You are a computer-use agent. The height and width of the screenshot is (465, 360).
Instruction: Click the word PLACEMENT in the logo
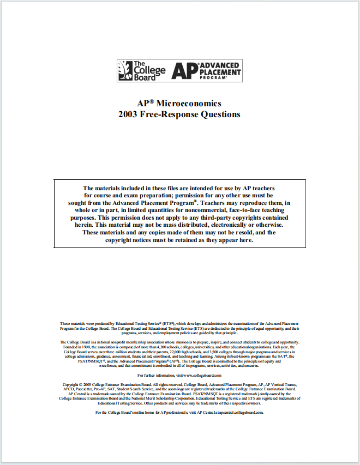point(219,71)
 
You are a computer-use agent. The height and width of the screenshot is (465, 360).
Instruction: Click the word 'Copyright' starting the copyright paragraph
point(72,385)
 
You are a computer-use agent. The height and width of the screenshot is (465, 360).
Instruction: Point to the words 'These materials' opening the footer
point(74,324)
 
